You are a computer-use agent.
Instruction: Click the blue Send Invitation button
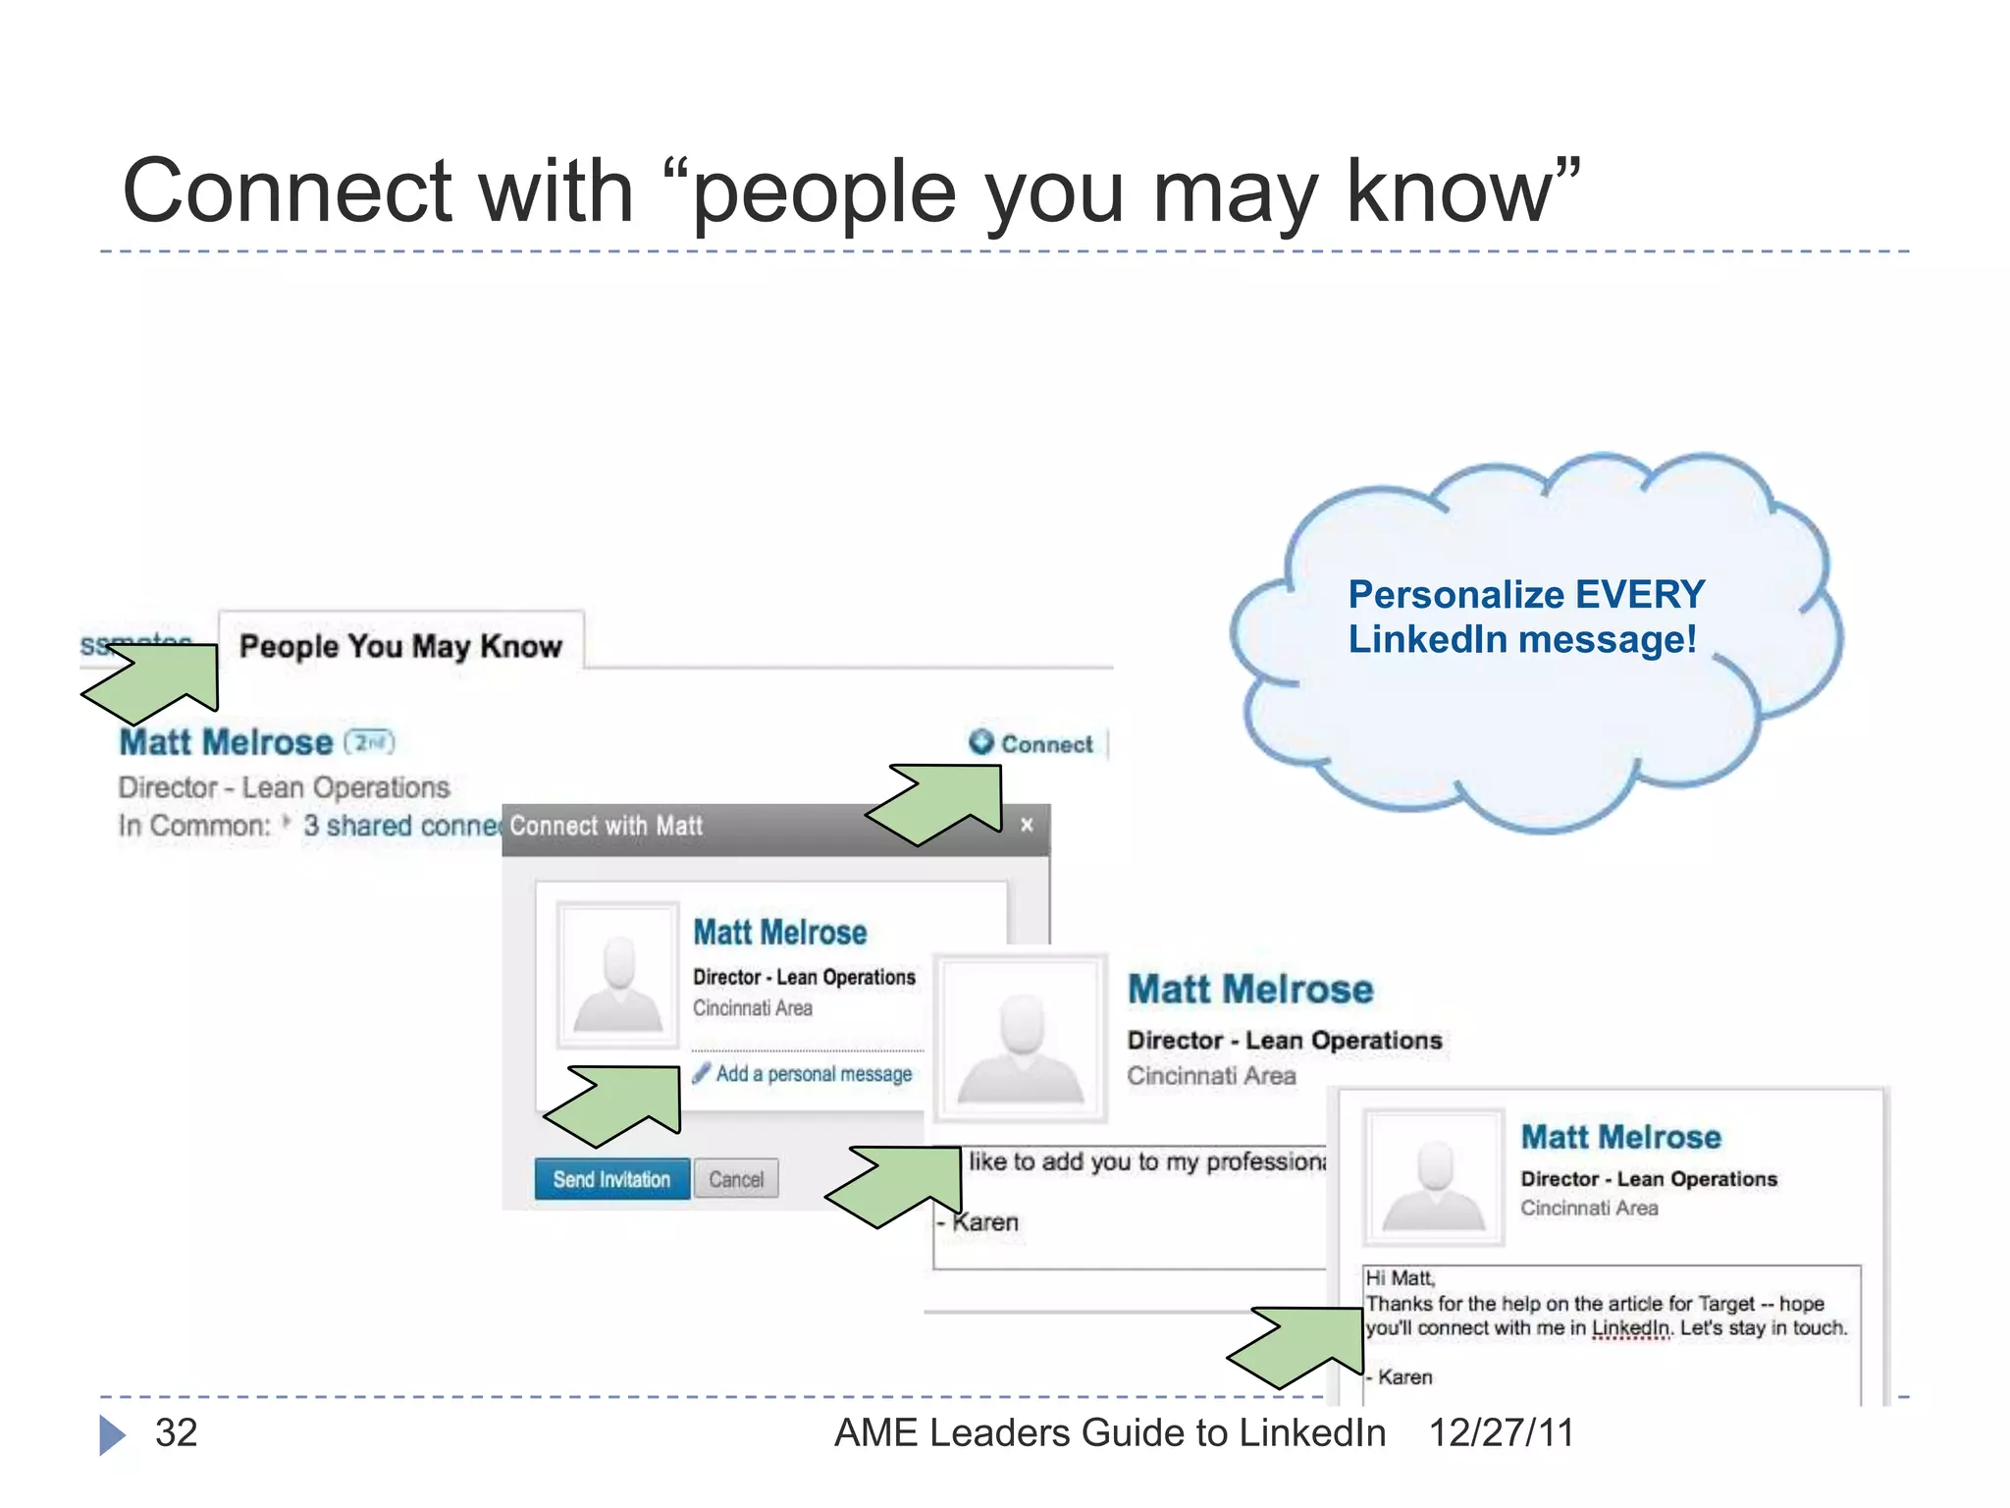tap(611, 1179)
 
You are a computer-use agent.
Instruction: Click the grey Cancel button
tap(736, 1179)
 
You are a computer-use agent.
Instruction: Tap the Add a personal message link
tap(813, 1074)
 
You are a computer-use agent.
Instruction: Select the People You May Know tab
tap(400, 646)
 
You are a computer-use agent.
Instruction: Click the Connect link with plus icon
tap(1032, 744)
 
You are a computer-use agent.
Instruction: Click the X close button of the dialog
tap(1027, 825)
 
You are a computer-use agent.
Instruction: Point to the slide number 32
tap(177, 1432)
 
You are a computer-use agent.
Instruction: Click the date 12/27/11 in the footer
tap(1501, 1432)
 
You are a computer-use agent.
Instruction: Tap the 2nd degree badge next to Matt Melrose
tap(369, 742)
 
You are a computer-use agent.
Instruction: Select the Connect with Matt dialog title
tap(606, 826)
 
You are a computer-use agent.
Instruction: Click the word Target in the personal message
tap(1725, 1304)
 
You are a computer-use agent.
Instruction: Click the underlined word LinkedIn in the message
tap(1630, 1328)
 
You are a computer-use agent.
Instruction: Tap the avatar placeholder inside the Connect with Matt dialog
tap(617, 976)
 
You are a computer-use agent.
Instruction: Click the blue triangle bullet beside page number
tap(112, 1434)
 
